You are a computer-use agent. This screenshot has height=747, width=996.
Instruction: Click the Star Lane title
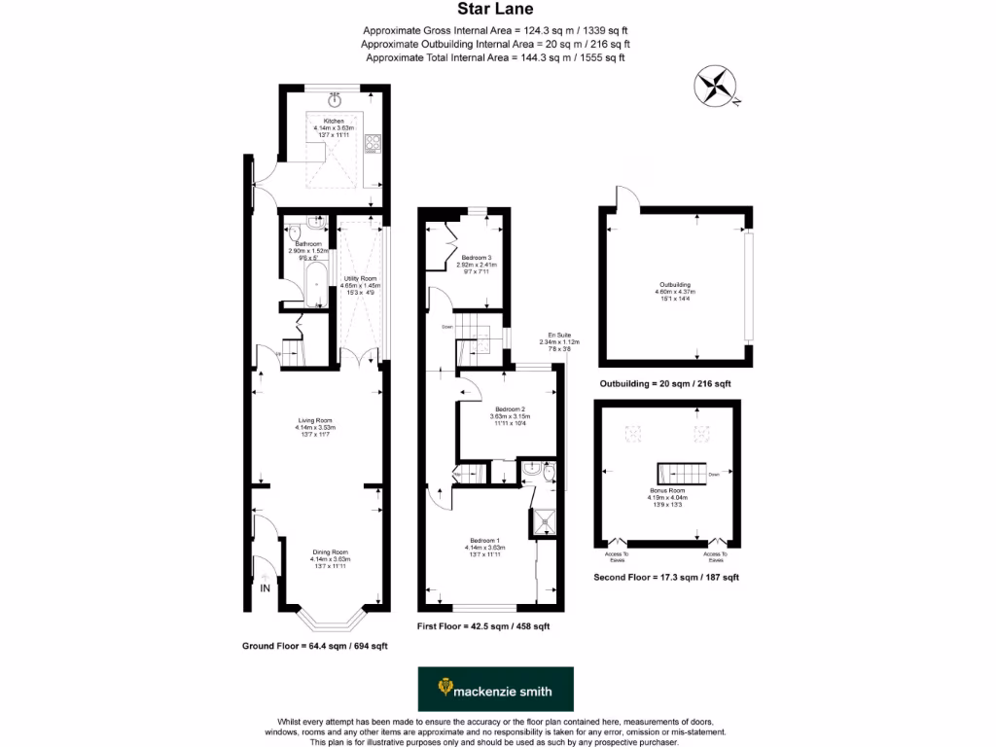coord(496,11)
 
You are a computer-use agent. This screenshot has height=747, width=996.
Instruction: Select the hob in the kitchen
coord(372,144)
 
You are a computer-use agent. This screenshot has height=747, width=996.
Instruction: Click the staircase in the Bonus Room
coord(684,475)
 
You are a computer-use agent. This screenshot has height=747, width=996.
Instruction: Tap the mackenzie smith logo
coord(495,690)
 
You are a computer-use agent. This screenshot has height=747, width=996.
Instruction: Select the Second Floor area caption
coord(665,577)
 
